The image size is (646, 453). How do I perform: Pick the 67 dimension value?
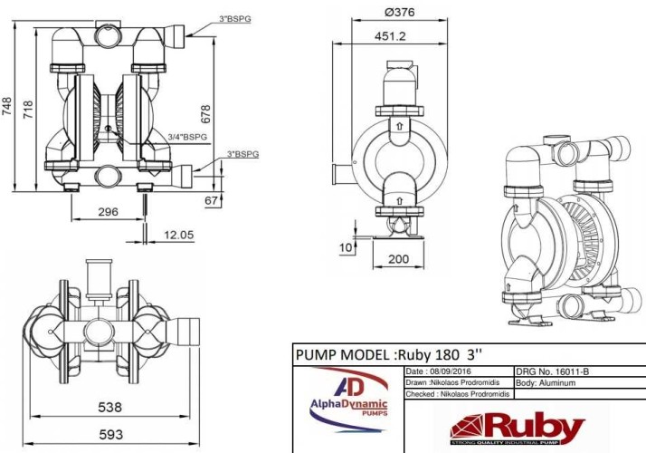tap(210, 199)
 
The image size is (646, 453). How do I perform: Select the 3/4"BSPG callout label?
tap(187, 136)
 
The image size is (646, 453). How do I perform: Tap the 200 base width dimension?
tap(398, 259)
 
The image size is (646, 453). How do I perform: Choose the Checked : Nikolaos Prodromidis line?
tap(456, 394)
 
